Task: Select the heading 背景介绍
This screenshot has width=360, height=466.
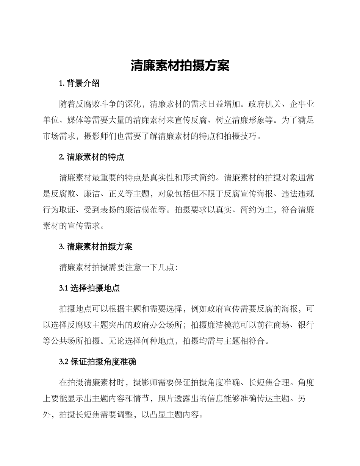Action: tap(83, 83)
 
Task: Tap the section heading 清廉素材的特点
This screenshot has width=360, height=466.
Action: tap(95, 157)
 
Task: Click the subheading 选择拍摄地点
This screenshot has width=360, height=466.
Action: tap(95, 288)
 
